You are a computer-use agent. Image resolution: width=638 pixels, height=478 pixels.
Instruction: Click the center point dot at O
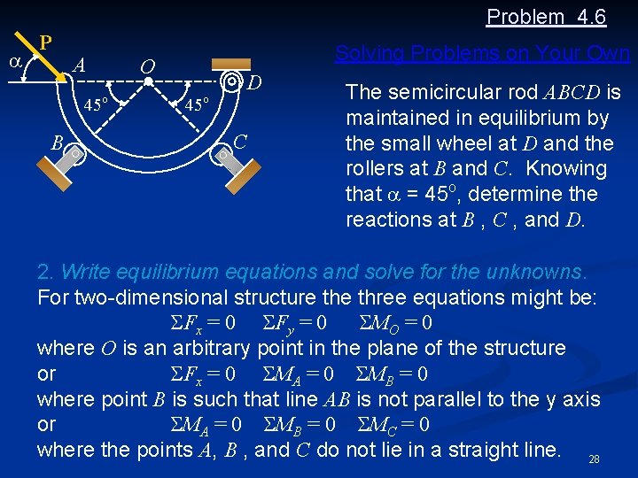tap(149, 81)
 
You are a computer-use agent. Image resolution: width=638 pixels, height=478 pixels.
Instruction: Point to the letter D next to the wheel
tap(254, 83)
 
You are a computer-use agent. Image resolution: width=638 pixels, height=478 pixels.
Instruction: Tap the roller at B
tap(77, 154)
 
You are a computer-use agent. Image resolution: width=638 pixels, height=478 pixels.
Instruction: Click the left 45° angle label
tap(96, 105)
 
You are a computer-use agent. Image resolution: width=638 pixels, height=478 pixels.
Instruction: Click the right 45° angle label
tap(198, 105)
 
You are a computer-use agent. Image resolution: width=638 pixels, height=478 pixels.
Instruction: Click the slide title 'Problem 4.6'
tap(545, 16)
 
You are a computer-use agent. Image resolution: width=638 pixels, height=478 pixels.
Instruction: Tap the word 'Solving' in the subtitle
tap(365, 53)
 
